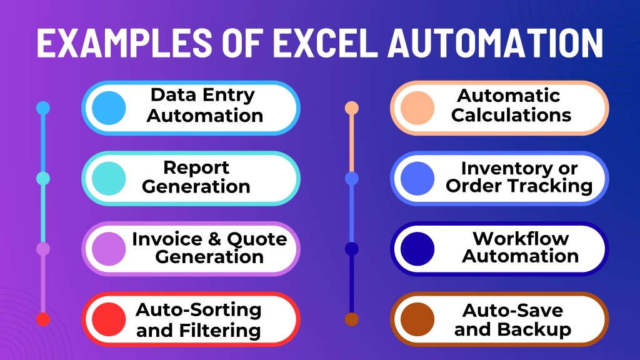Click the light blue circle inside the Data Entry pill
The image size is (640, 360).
click(x=109, y=108)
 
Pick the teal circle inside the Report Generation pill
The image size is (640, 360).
click(x=109, y=178)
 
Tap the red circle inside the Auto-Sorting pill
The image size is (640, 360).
click(x=109, y=319)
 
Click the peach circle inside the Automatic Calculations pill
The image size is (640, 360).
click(x=417, y=108)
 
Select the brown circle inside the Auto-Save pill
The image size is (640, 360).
click(x=417, y=319)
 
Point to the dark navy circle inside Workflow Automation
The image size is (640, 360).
click(x=417, y=249)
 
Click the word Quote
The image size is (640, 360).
click(x=257, y=239)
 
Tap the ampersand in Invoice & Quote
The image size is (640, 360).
click(x=214, y=239)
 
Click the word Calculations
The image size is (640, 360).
click(x=511, y=115)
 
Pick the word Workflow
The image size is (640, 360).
click(x=521, y=238)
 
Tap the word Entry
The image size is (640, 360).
click(x=229, y=96)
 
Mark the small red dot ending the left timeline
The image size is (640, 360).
click(x=43, y=319)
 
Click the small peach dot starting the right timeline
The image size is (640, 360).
click(x=351, y=108)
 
